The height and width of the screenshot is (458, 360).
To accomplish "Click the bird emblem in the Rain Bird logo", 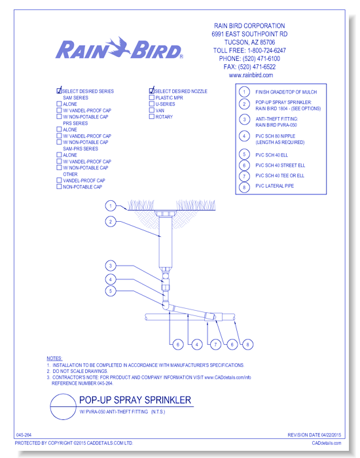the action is click(119, 46).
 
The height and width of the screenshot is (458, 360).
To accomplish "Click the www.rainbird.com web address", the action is click(251, 75).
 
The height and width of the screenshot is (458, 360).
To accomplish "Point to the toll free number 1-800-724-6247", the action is click(267, 50).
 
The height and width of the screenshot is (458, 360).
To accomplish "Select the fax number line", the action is click(249, 67).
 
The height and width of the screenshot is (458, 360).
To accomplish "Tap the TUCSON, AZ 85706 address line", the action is click(249, 43).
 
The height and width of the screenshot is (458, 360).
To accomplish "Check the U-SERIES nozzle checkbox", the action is click(151, 104).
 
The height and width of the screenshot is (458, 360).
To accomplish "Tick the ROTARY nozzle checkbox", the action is click(151, 116).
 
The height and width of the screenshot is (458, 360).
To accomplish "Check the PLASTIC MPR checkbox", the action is click(151, 97).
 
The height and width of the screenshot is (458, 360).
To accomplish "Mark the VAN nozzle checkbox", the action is click(151, 110).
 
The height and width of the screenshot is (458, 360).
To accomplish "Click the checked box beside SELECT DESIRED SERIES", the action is click(59, 90).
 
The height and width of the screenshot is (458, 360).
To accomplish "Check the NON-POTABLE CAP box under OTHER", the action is click(59, 186).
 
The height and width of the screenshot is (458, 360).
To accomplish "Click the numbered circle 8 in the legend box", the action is click(244, 187).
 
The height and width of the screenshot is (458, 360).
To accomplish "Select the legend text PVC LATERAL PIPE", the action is click(275, 186).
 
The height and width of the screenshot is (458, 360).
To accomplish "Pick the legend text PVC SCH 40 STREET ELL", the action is click(280, 166).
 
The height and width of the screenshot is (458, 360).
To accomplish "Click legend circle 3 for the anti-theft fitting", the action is click(244, 120).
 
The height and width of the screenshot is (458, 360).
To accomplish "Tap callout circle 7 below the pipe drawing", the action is click(215, 345).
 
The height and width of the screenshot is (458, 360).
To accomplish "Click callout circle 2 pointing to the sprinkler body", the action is click(111, 222).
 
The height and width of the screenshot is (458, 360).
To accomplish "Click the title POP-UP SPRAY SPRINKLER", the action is click(135, 400).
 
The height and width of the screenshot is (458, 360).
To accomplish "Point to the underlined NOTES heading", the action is click(54, 359).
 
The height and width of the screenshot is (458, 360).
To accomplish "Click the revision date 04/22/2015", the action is click(331, 435).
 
